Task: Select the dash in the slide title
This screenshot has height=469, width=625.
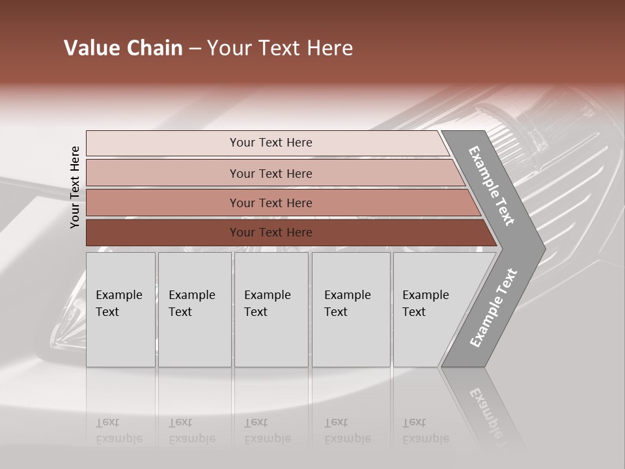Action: click(x=195, y=49)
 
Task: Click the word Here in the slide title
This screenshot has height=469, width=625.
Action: click(x=329, y=48)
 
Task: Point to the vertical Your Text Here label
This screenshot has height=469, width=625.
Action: click(x=75, y=187)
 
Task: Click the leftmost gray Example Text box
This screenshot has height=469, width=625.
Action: click(x=120, y=309)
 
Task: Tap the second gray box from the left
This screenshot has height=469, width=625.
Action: click(x=194, y=309)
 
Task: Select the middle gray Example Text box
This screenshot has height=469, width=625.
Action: click(x=271, y=309)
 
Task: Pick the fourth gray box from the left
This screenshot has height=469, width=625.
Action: click(x=350, y=309)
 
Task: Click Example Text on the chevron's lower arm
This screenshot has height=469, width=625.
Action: click(x=493, y=307)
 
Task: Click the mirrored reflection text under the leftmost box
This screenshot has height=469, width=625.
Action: click(x=119, y=431)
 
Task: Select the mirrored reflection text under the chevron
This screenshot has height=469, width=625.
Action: click(x=488, y=414)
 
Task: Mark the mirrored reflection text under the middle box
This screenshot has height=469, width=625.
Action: click(x=268, y=431)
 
